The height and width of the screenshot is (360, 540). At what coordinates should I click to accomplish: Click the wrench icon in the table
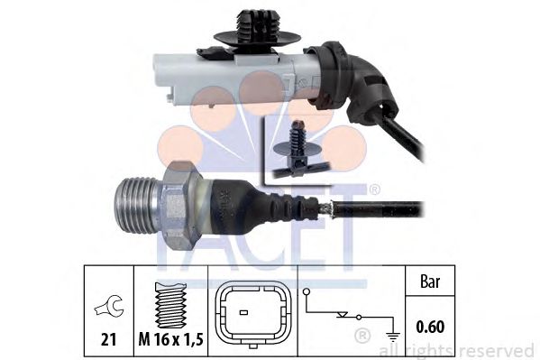click(109, 306)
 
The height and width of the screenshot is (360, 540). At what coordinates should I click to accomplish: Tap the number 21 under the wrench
click(109, 339)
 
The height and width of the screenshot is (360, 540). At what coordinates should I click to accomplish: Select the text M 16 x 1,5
click(170, 340)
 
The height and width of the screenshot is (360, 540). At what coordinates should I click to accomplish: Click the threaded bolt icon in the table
click(170, 305)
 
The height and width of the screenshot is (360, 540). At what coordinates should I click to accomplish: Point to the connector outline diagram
click(252, 315)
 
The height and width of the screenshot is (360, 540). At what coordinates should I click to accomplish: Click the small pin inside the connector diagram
click(243, 312)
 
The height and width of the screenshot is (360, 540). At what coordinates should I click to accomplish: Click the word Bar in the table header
click(430, 282)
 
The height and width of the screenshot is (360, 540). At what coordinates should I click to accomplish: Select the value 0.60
click(430, 327)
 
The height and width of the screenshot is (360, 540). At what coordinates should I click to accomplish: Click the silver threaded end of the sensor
click(137, 206)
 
